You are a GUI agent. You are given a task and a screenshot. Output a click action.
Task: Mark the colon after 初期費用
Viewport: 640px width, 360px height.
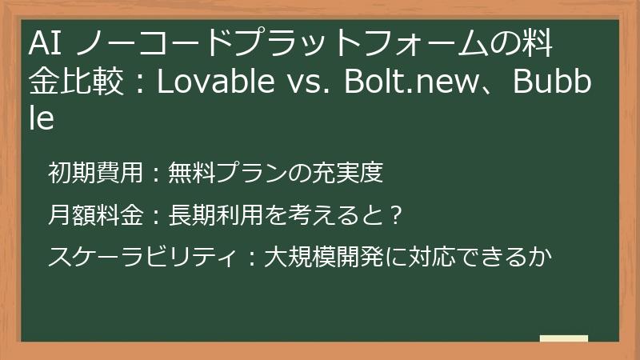tap(155, 172)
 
